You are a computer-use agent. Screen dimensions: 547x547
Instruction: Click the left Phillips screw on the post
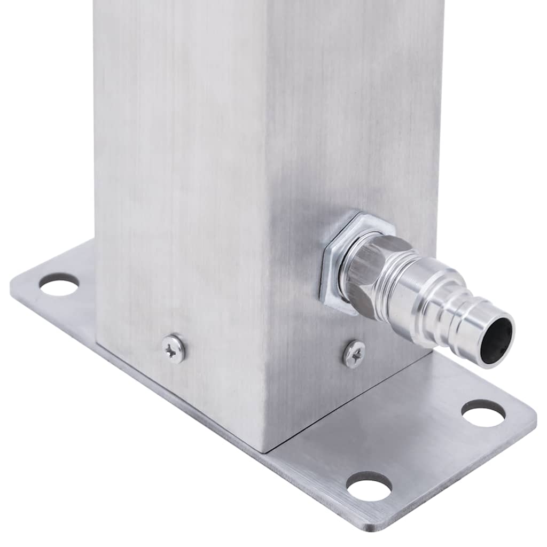174,349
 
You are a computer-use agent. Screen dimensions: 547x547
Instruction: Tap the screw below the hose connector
354,354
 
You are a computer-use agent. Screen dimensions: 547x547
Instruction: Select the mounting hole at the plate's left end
59,284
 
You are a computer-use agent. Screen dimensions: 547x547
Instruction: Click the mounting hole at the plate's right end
483,413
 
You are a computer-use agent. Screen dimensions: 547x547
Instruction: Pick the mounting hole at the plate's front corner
369,486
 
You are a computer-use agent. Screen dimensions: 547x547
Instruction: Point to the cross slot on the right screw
354,354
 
